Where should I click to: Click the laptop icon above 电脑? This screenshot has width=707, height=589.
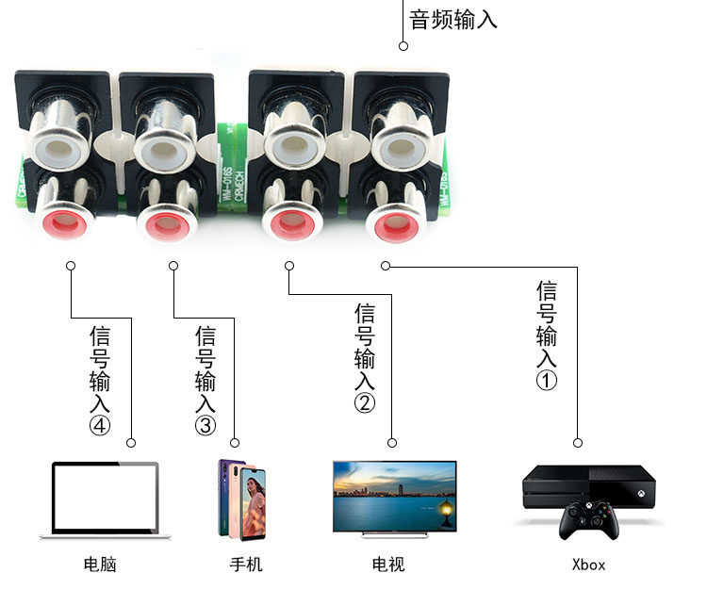105,499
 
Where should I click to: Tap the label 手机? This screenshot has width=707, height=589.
246,564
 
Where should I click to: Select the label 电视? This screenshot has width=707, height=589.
388,564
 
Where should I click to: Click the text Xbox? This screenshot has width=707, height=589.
588,565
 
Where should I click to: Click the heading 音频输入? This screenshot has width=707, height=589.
452,18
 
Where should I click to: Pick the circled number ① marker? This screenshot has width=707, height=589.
547,381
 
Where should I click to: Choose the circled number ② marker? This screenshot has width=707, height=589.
365,403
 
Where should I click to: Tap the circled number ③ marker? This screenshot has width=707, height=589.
206,425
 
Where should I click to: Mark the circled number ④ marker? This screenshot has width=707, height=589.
100,426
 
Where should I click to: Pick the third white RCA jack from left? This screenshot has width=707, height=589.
292,146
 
